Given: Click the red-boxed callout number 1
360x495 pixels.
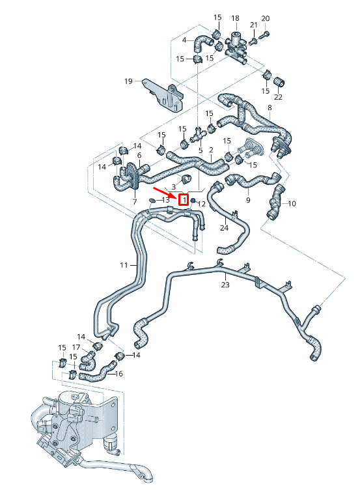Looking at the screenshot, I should [x=184, y=200].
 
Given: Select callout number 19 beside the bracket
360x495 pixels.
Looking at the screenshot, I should [x=129, y=81].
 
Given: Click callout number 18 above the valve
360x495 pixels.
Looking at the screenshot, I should [x=235, y=18].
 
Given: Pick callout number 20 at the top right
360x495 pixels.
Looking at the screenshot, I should [x=264, y=18].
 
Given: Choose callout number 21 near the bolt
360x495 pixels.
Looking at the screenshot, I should [x=254, y=25].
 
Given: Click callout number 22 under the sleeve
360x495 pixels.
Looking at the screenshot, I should [x=279, y=97].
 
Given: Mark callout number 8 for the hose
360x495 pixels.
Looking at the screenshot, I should [x=270, y=107].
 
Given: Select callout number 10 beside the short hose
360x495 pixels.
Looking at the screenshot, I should [x=292, y=204].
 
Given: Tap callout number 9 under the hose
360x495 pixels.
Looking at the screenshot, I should [x=248, y=200].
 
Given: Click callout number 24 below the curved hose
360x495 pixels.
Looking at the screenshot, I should [x=224, y=228].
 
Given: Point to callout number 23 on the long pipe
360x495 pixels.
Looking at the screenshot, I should [x=225, y=284].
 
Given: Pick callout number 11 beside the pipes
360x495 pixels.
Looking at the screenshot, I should [x=124, y=265].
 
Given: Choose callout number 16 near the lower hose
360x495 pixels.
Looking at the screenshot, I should [x=118, y=374].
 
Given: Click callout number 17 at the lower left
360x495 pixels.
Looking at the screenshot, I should [x=76, y=347].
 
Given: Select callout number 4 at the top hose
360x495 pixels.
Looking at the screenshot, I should [x=184, y=40].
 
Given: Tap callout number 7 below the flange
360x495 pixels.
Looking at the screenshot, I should [x=135, y=202].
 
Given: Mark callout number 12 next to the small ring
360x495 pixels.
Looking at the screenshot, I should [x=202, y=204].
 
